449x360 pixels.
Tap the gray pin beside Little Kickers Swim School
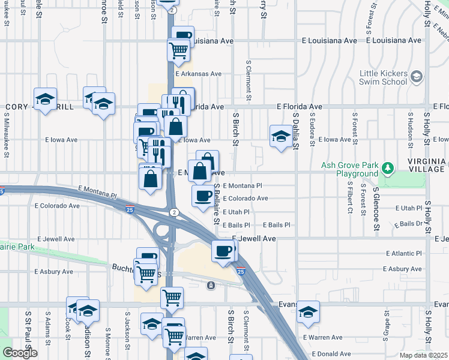click(x=417, y=77)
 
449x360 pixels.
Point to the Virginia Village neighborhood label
click(x=426, y=165)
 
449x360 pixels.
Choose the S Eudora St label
click(x=312, y=128)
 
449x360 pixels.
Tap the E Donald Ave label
click(x=327, y=354)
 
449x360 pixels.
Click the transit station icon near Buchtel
click(x=211, y=286)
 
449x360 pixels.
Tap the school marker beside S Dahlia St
click(x=280, y=136)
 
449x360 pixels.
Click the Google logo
click(x=20, y=353)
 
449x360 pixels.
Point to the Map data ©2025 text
click(x=424, y=356)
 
